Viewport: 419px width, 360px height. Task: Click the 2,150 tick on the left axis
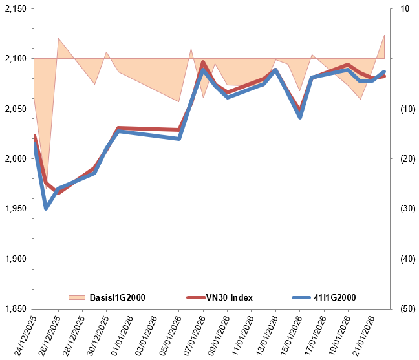coord(16,8)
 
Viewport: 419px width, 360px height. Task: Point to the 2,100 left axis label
coord(16,59)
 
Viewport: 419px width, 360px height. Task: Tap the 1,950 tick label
coord(16,209)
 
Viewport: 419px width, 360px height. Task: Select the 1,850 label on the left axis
coord(16,309)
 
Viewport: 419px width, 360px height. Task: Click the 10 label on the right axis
coord(405,8)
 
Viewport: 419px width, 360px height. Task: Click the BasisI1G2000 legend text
coord(117,297)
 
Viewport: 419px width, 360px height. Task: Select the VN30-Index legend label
coord(229,297)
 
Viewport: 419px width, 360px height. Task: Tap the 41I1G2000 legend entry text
coord(335,297)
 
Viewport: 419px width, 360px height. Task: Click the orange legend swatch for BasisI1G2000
coord(77,297)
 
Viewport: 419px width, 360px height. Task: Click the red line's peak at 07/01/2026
coord(203,63)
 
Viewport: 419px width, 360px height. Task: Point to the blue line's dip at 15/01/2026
coord(300,117)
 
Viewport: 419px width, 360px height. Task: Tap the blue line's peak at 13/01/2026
coord(275,70)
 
